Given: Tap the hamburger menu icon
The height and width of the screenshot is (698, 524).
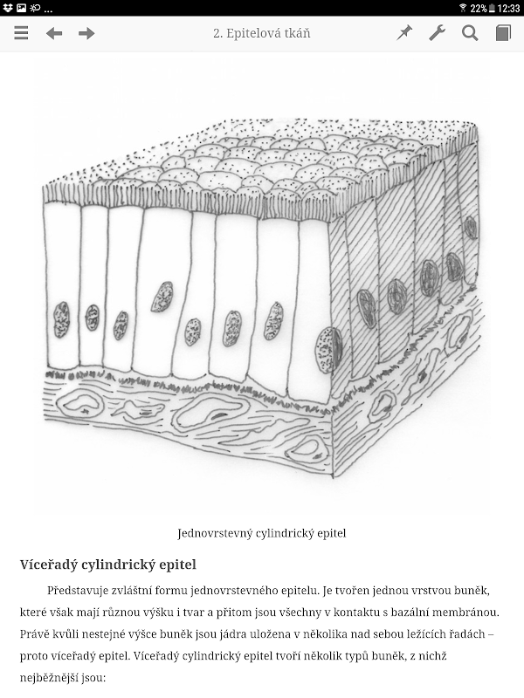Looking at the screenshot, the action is tap(21, 33).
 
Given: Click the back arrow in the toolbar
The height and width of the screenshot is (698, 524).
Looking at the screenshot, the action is tap(54, 33).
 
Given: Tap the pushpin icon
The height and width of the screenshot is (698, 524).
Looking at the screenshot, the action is tap(404, 33).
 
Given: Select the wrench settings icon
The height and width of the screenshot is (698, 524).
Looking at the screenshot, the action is tap(438, 33).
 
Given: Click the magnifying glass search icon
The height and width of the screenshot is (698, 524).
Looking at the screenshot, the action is tap(470, 33).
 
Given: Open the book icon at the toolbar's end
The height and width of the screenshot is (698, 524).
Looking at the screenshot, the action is tap(503, 33).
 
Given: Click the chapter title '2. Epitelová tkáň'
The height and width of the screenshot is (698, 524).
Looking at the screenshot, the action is tap(261, 33).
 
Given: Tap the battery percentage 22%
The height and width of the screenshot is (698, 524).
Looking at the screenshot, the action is tap(478, 8).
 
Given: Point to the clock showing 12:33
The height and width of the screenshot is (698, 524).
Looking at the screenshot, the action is tap(508, 8).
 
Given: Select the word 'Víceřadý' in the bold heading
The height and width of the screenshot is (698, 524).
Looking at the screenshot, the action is tap(48, 565).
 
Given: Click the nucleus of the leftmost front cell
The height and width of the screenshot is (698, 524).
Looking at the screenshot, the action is tap(61, 319).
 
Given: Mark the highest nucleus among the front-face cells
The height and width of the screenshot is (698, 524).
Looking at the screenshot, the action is tap(162, 297).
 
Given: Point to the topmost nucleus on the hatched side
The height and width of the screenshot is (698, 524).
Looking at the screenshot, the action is tap(471, 228).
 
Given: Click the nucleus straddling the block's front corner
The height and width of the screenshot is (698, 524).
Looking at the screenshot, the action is tap(329, 350).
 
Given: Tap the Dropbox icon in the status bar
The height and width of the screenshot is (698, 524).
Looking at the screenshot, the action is tap(8, 8).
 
